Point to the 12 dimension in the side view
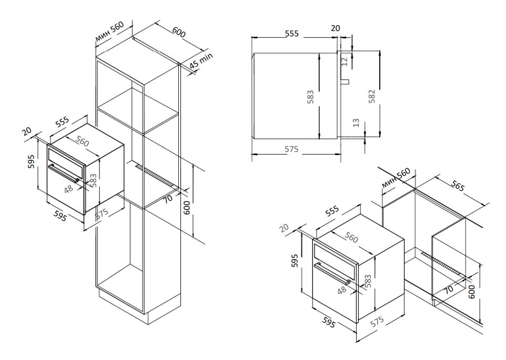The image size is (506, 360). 345,61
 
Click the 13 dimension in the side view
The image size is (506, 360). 356,124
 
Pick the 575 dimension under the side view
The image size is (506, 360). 292,149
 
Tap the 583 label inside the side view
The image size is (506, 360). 311,96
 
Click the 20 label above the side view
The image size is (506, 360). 335,28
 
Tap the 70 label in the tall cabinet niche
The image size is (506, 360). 168,199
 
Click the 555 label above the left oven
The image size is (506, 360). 63,122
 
